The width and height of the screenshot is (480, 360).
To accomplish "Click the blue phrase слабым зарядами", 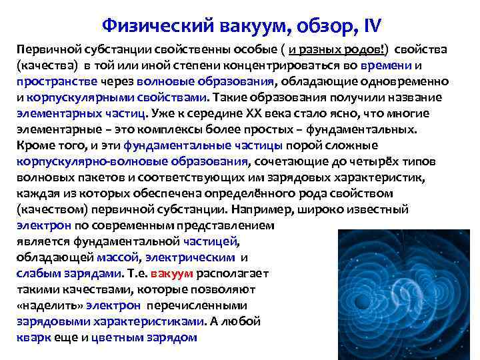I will tap(69, 274).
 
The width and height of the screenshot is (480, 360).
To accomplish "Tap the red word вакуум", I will tap(172, 274).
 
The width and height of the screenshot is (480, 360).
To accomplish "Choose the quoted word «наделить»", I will tap(44, 306).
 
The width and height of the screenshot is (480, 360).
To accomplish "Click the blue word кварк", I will tap(31, 338).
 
